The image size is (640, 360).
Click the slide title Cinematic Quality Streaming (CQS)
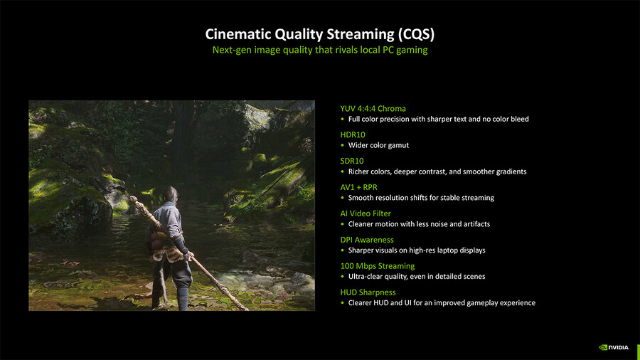coord(319,34)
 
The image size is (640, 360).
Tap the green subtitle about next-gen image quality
coord(320,51)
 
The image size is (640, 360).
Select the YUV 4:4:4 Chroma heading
coord(373,109)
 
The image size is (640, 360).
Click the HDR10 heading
coord(353,134)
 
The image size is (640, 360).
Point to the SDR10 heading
coord(352,161)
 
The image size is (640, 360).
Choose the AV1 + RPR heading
coord(359,187)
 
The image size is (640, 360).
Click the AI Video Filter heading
coord(366,213)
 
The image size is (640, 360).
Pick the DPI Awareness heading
coord(367,240)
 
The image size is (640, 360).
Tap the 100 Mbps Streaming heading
coord(378,266)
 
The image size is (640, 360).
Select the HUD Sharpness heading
coord(368,292)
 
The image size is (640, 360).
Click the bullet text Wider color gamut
coord(378,145)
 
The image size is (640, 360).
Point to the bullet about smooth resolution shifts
coord(421,198)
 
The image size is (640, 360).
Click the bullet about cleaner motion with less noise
coord(419,224)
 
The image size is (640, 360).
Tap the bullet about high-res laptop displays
coord(417,250)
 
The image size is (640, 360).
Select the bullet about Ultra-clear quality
coord(417,277)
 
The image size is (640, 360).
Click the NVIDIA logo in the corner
coord(614,347)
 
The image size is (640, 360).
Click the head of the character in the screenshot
coord(171,194)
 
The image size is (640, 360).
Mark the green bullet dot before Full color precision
coord(343,120)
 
